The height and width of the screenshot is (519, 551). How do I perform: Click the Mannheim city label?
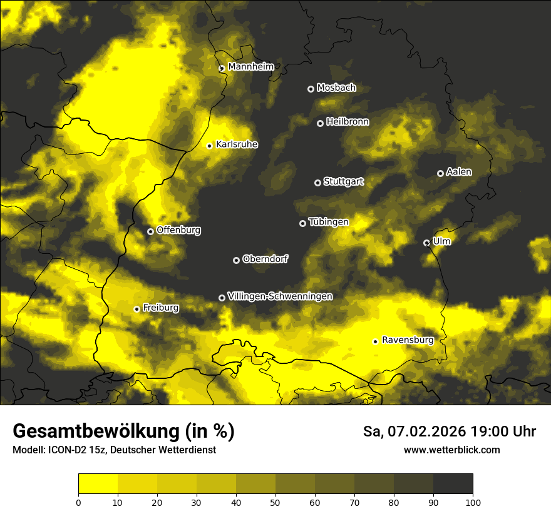[x=247, y=67]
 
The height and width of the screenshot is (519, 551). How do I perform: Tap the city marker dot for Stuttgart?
[x=317, y=183]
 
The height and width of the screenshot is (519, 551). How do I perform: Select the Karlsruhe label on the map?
[x=237, y=144]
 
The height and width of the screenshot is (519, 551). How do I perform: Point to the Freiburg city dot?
[x=136, y=309]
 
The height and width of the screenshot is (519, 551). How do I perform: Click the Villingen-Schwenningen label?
[x=280, y=296]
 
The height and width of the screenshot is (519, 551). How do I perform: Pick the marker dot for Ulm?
[x=426, y=243]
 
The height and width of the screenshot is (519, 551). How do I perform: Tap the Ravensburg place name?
[x=408, y=340]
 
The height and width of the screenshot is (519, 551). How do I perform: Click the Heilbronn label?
[x=348, y=122]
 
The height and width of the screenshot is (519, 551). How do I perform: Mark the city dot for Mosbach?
[x=311, y=89]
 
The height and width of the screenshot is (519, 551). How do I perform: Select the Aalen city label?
[x=459, y=172]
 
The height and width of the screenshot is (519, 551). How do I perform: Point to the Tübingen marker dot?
[x=302, y=223]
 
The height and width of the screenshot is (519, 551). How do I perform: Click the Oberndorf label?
[x=265, y=259]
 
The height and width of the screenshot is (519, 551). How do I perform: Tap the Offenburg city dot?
[x=150, y=231]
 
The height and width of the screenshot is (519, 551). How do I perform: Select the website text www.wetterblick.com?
[x=451, y=450]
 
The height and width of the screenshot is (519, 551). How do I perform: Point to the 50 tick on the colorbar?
[x=275, y=501]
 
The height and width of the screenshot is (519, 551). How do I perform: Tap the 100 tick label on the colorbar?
[x=473, y=501]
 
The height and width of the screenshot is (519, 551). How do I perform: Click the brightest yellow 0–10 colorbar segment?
[x=98, y=483]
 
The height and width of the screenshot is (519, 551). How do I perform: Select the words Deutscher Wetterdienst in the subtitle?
[x=168, y=450]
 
